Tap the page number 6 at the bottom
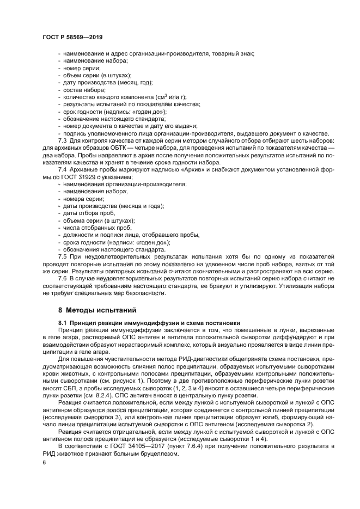click(x=44, y=462)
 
